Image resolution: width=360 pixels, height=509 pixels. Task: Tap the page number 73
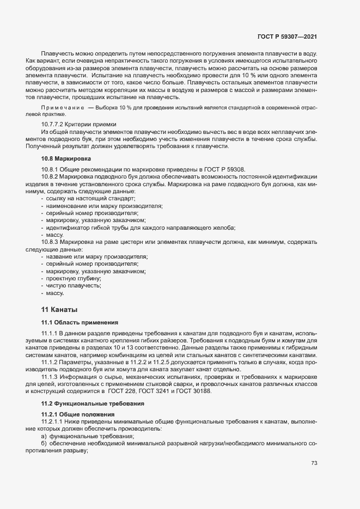tap(314, 463)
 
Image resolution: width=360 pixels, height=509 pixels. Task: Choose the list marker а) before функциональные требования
tap(44, 437)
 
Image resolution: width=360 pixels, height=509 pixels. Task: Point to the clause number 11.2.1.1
tap(54, 422)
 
